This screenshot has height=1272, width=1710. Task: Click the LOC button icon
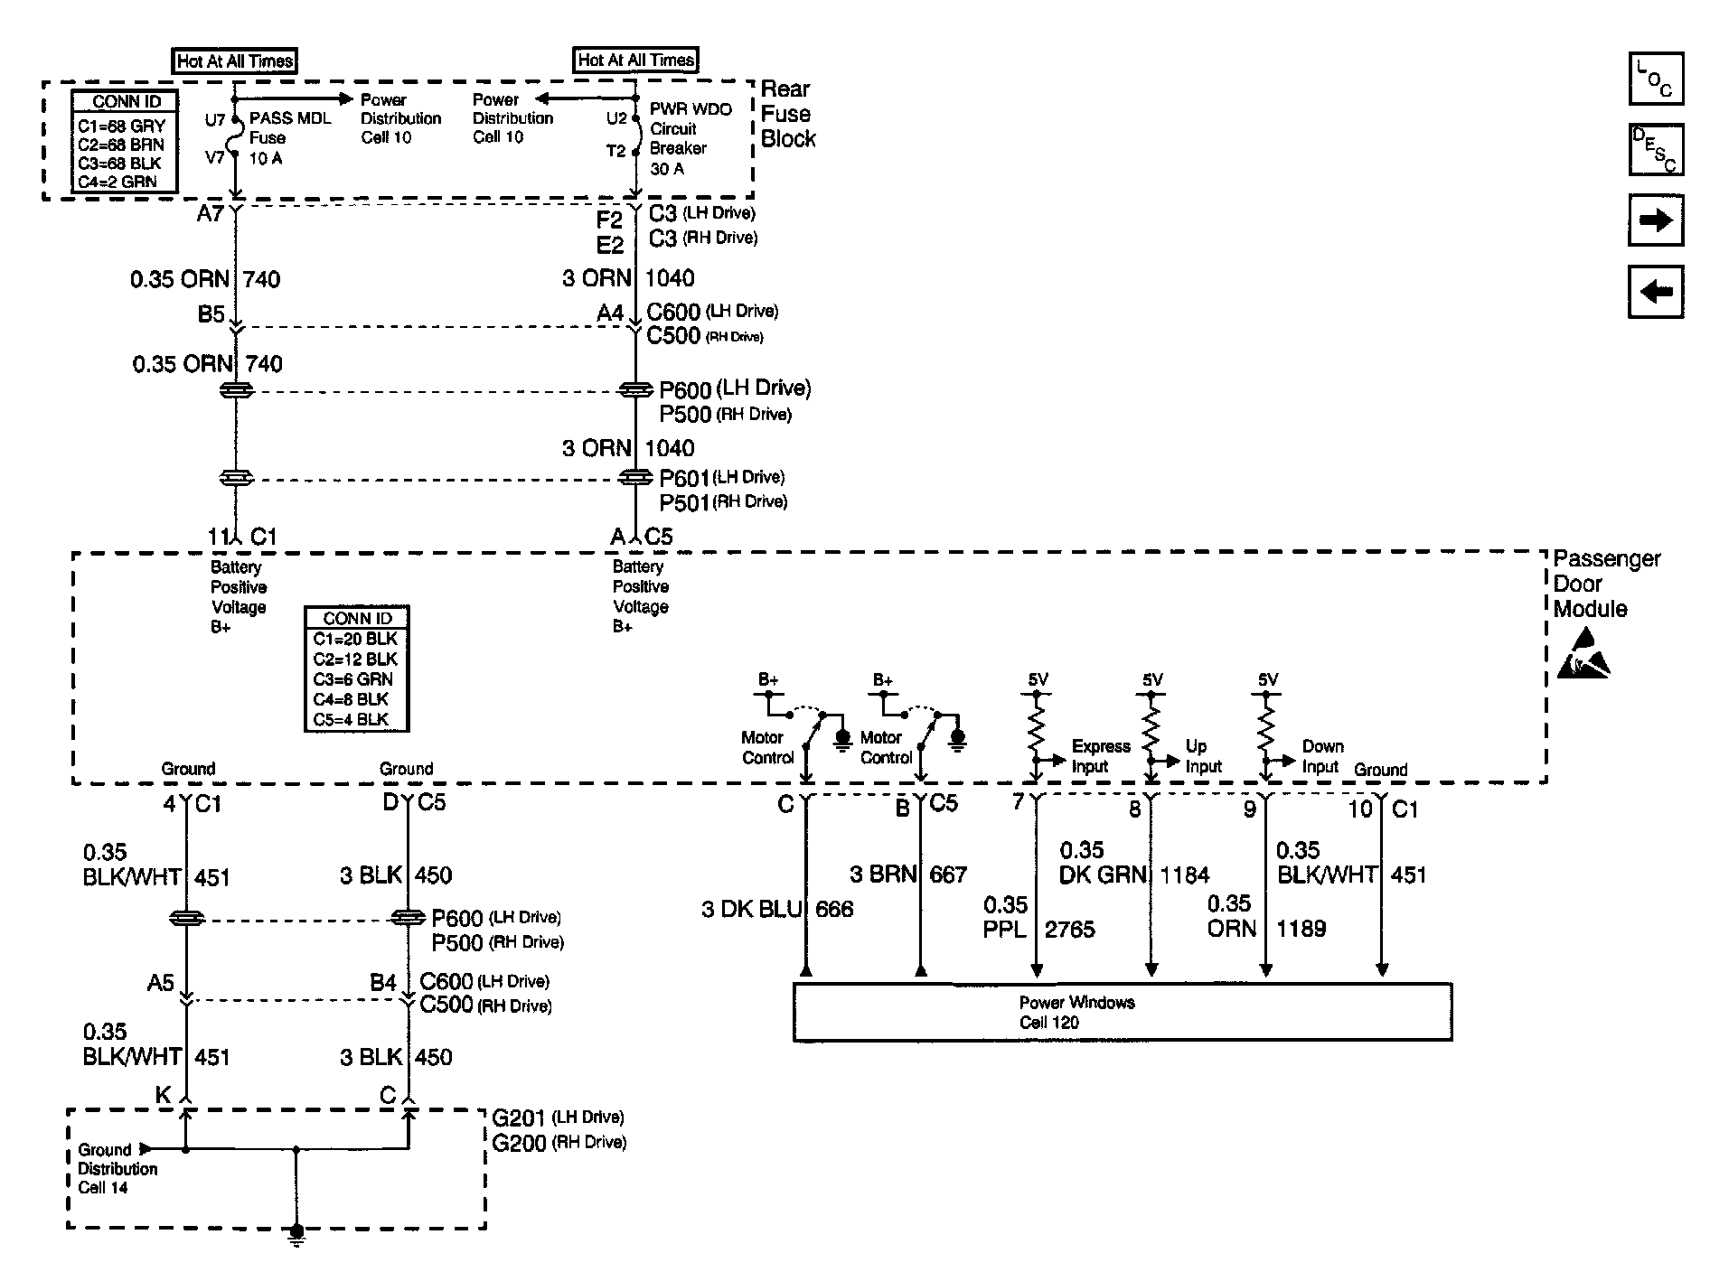tap(1656, 79)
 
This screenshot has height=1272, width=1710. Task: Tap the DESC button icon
tap(1656, 149)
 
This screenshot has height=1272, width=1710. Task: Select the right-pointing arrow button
tap(1656, 220)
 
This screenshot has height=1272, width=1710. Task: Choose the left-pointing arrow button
tap(1656, 291)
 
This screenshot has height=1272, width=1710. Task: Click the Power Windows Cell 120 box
tap(1123, 1012)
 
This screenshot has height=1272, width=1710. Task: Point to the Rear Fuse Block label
tap(788, 114)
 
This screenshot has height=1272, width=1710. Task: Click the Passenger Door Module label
tap(1606, 584)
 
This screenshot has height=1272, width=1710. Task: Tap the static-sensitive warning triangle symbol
tap(1583, 655)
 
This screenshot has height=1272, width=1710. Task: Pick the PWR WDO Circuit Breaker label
tap(691, 138)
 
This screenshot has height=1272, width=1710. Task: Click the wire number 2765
tap(1070, 930)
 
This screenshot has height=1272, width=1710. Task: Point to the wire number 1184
tap(1184, 874)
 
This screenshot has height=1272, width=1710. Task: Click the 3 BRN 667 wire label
tap(908, 874)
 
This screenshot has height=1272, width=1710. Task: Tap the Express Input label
tap(1101, 756)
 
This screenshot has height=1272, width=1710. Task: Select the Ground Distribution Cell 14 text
tap(117, 1169)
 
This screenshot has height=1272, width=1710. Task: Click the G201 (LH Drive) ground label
tap(558, 1118)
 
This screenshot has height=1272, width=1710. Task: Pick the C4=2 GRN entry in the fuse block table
tap(117, 182)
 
